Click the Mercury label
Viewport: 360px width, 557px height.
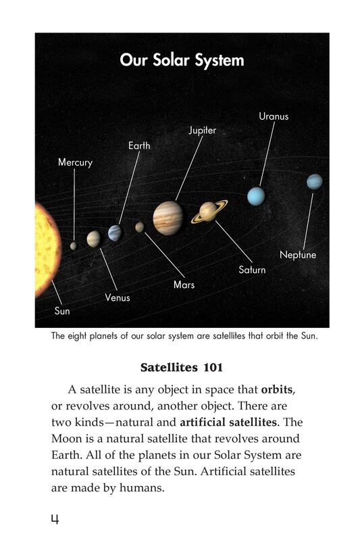[x=75, y=163]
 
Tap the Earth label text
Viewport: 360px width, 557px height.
[x=139, y=145]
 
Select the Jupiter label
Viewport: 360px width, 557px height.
[x=202, y=130]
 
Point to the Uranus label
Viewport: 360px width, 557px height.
[x=274, y=116]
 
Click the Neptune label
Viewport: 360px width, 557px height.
[x=298, y=256]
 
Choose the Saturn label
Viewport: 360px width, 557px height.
[x=252, y=270]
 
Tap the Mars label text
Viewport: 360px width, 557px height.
[x=184, y=285]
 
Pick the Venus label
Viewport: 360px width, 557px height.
[x=118, y=297]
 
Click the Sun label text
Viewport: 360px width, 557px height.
[x=61, y=312]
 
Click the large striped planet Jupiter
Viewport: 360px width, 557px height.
[x=168, y=216]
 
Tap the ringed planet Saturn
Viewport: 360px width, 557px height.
[x=209, y=212]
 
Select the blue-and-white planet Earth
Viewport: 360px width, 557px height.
[x=115, y=233]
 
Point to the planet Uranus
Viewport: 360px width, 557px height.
[x=256, y=196]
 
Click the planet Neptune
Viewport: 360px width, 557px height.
[x=314, y=182]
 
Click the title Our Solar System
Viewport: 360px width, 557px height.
[x=182, y=60]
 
